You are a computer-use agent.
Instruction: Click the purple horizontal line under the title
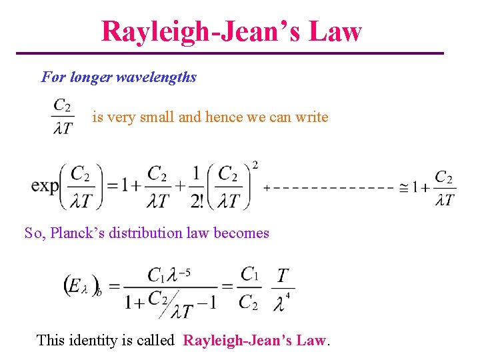click(229, 53)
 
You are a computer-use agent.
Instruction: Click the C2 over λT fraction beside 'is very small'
click(63, 117)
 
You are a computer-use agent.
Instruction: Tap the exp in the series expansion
click(45, 185)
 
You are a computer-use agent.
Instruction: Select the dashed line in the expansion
click(330, 188)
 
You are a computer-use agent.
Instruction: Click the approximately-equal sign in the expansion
click(404, 188)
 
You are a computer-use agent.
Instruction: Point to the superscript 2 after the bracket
click(255, 165)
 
